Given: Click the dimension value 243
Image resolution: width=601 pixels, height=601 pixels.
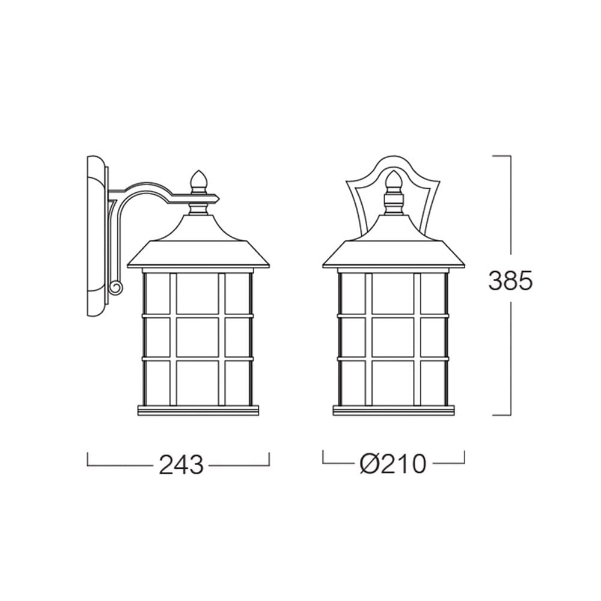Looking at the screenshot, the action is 181,465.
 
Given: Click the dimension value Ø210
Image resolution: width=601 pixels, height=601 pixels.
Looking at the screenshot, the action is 393,463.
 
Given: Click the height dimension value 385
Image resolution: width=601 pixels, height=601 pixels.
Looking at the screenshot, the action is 510,280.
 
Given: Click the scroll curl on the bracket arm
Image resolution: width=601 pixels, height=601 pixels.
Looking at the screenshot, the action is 115,287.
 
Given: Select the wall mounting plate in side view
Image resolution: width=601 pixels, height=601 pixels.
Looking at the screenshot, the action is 97,236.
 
